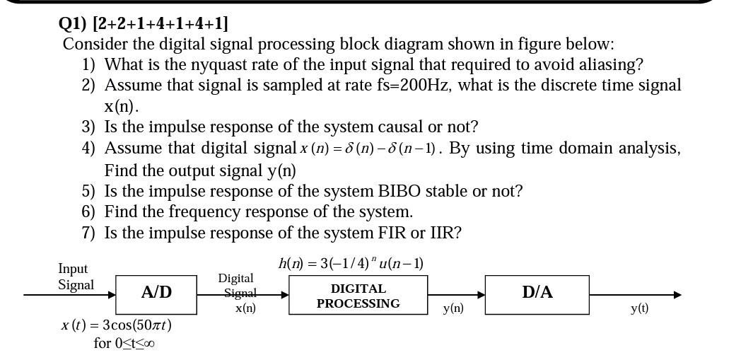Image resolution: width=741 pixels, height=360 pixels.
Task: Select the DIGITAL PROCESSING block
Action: point(358,296)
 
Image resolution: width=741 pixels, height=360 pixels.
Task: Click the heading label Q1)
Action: point(73,23)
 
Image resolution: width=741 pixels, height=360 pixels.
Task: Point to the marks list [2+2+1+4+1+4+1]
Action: point(161,23)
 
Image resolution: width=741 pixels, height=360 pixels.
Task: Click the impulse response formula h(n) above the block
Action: point(351,264)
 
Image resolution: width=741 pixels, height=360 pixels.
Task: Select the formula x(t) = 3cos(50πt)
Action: point(116,325)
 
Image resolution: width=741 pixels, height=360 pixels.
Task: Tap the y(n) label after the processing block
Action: point(453,308)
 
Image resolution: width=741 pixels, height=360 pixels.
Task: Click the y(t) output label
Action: point(639,308)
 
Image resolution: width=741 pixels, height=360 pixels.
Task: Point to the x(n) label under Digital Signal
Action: point(245,308)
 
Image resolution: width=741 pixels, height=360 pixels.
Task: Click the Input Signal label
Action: point(75,277)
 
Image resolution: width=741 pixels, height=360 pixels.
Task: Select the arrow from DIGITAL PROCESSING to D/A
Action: point(456,295)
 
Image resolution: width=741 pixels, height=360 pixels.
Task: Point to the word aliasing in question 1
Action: point(607,64)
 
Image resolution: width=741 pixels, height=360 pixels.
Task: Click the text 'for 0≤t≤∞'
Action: point(124,344)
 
